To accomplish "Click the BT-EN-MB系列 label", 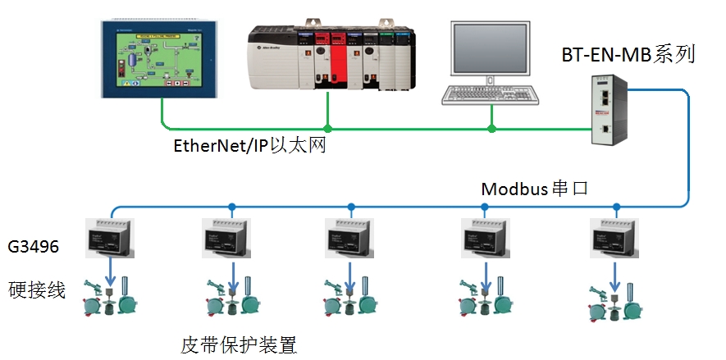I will click(628, 55).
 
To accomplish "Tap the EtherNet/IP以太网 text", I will click(244, 145).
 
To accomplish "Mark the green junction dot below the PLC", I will click(328, 129).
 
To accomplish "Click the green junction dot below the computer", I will click(492, 129).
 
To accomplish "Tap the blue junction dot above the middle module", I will click(350, 206).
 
